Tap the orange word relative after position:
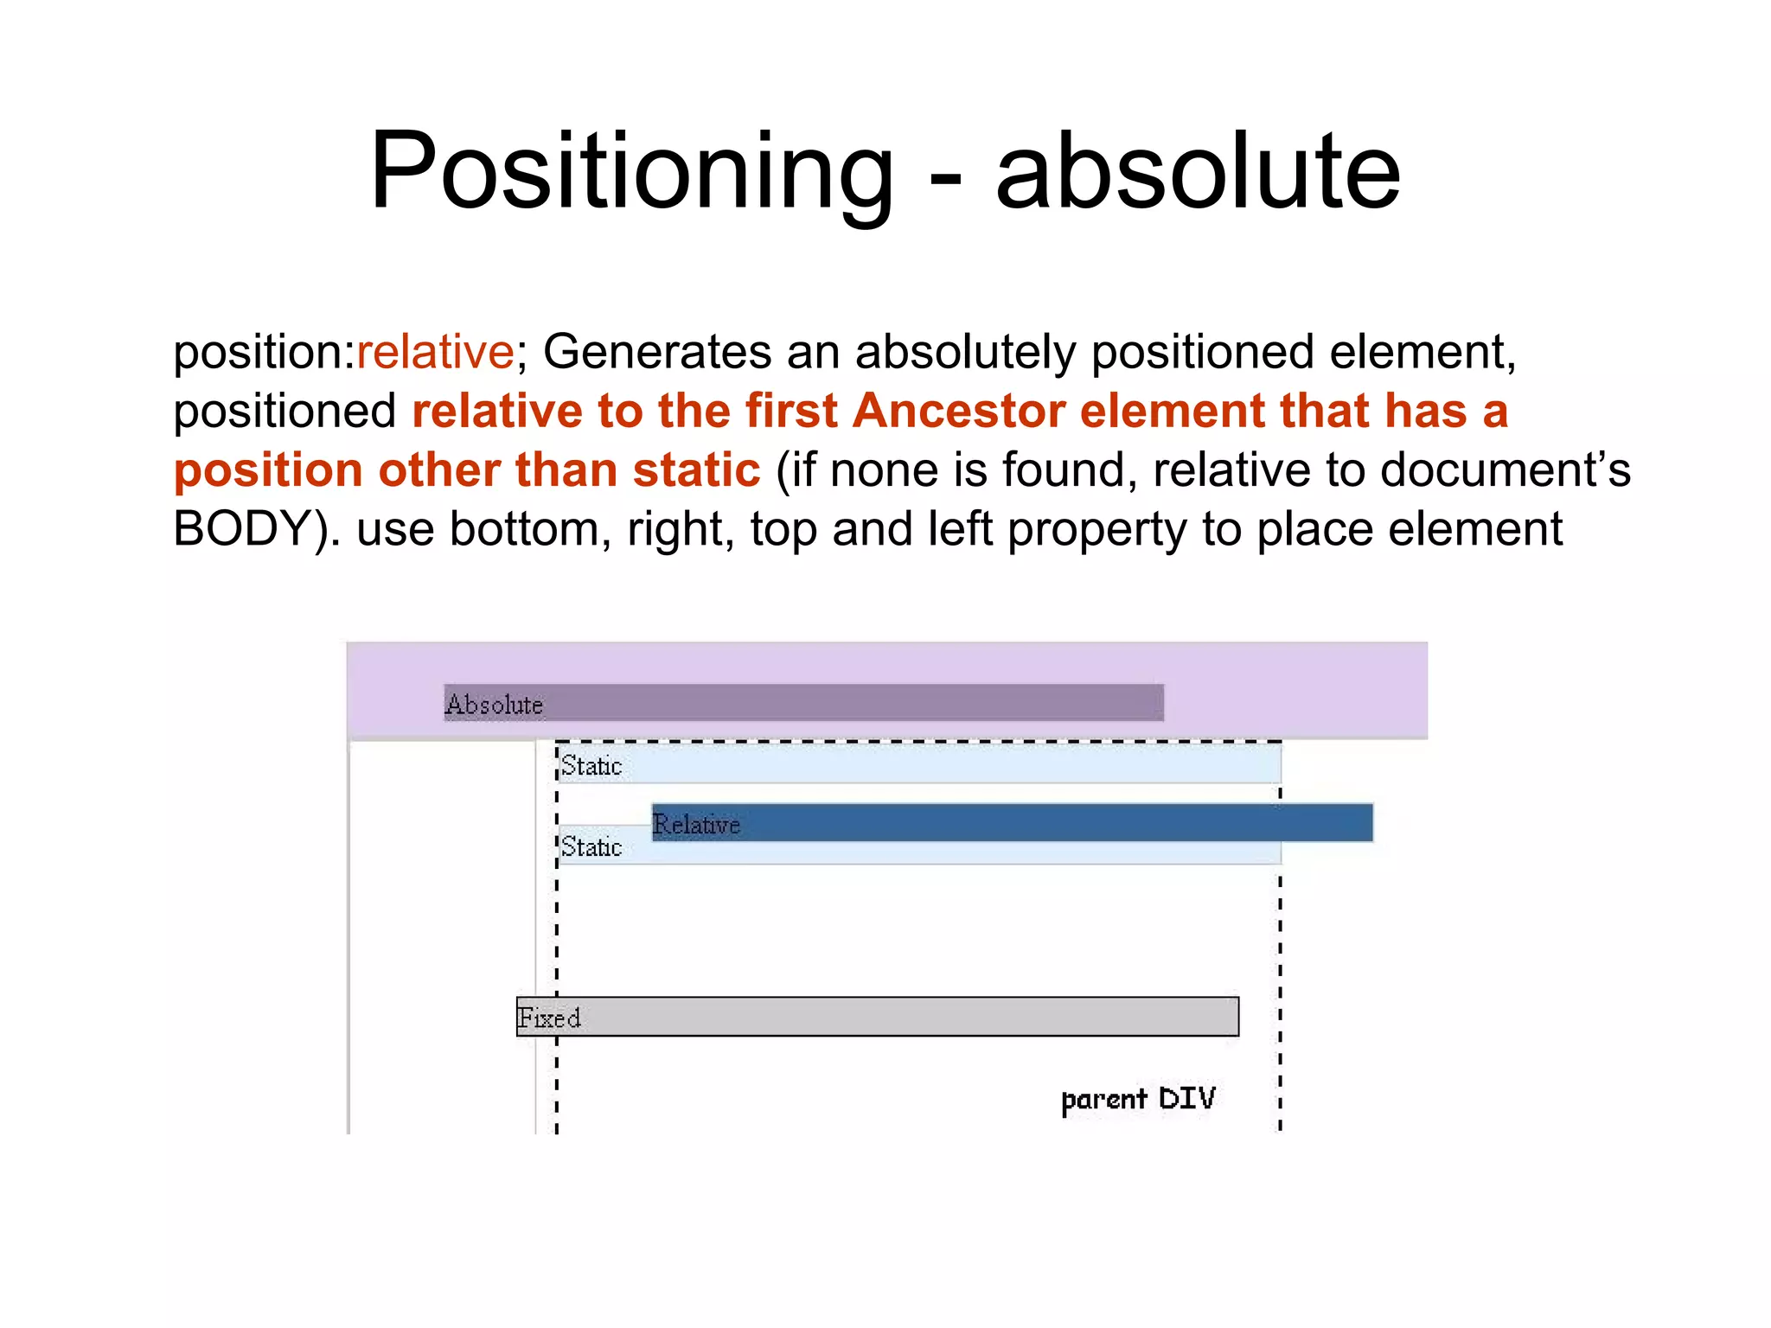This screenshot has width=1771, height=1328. (435, 352)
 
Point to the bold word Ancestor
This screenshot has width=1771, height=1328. (958, 411)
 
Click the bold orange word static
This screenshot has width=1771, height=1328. (696, 470)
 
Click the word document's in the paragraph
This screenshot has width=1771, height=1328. (1505, 470)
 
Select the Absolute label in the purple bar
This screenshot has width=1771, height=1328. (494, 705)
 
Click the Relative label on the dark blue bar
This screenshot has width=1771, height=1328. (696, 824)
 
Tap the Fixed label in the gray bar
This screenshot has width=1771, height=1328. (548, 1018)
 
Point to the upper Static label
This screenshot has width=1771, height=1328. (591, 766)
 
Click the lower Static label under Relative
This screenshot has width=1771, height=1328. (591, 847)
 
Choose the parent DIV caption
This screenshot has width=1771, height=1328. (1138, 1099)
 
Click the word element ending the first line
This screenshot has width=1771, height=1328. (1422, 352)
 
